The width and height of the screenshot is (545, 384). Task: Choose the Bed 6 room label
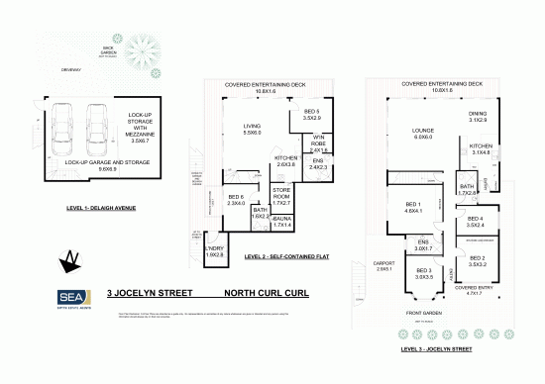click(236, 201)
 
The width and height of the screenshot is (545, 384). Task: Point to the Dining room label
click(477, 116)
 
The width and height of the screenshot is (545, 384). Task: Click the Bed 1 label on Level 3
click(413, 206)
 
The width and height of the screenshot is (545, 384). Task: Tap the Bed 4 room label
click(477, 222)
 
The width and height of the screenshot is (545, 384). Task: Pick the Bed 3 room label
click(426, 273)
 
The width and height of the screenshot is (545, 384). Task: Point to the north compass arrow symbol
click(70, 259)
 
